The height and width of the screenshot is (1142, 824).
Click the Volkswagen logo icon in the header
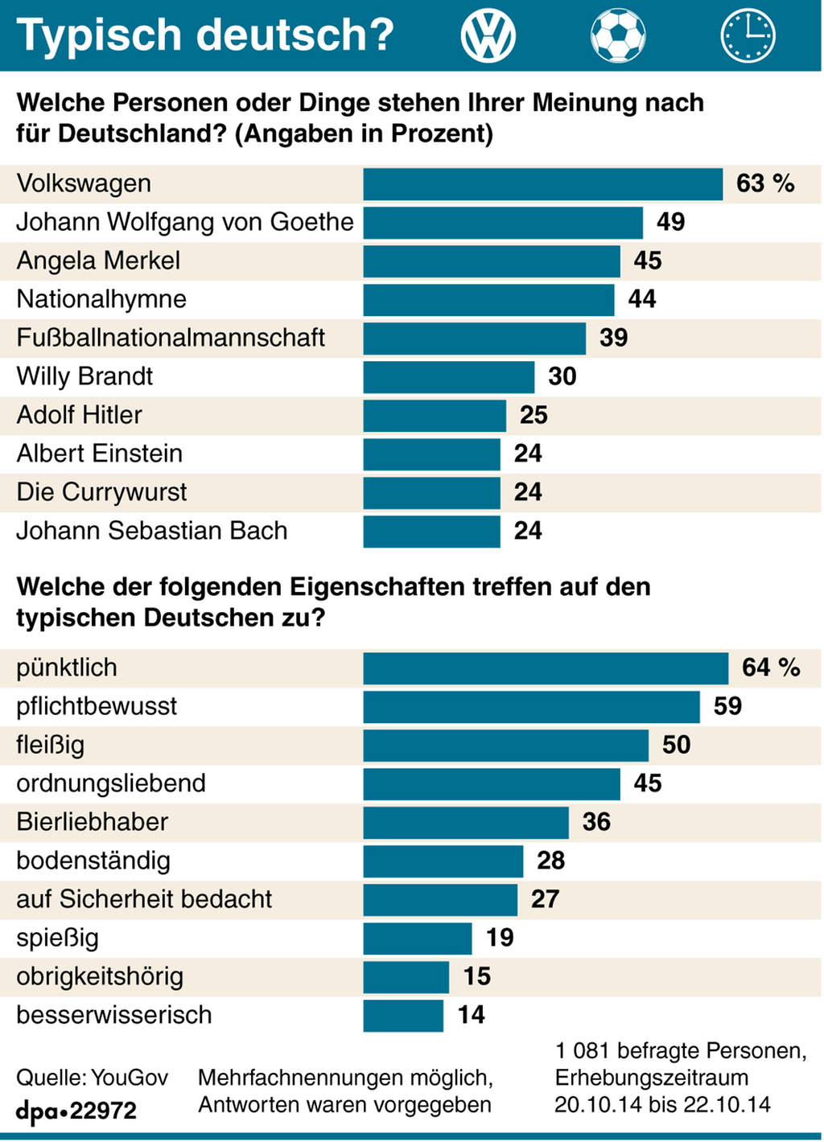[488, 36]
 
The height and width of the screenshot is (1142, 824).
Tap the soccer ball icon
[618, 36]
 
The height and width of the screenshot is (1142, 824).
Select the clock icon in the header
[748, 36]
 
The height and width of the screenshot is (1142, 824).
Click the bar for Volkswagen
[542, 184]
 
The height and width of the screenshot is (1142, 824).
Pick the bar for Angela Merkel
[492, 261]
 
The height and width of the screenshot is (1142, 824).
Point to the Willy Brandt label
[84, 376]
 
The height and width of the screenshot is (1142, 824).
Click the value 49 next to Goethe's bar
[670, 222]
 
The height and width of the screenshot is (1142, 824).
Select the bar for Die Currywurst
[431, 493]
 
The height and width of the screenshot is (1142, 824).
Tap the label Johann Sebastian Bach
[152, 531]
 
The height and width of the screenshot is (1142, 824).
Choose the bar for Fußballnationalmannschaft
[474, 339]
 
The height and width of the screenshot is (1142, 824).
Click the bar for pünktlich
[546, 668]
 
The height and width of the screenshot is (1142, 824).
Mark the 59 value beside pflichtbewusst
[727, 706]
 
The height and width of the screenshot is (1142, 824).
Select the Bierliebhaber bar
[466, 823]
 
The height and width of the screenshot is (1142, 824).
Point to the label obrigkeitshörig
[100, 976]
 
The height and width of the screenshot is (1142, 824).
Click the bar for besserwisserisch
[403, 1016]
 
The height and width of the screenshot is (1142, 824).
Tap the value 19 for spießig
[500, 938]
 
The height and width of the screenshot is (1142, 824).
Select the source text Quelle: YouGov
[93, 1078]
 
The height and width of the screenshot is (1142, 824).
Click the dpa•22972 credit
[76, 1111]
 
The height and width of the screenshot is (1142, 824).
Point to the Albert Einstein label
[100, 454]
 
